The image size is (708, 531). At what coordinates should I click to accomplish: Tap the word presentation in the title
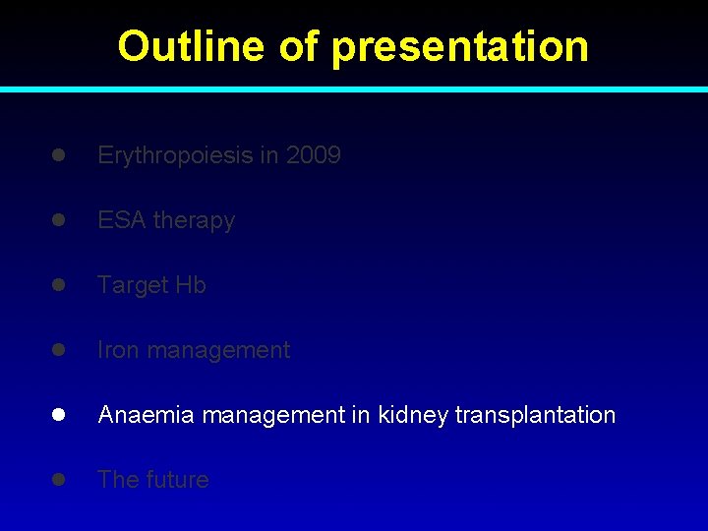(460, 47)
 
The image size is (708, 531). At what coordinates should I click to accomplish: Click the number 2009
(314, 155)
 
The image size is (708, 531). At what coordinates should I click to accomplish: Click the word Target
(133, 285)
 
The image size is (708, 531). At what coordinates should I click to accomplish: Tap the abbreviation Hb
(191, 285)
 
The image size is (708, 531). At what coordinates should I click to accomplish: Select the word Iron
(118, 350)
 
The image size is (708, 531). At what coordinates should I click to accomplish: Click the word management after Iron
(218, 350)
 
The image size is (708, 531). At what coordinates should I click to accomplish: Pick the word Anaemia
(147, 415)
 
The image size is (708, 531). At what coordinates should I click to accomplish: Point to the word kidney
(413, 415)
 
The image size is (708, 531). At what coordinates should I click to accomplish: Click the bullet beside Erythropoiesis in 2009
(59, 155)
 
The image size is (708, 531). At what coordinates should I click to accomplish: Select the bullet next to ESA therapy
(59, 220)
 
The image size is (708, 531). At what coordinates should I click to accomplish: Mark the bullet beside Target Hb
(59, 285)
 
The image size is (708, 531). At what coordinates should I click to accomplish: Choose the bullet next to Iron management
(59, 350)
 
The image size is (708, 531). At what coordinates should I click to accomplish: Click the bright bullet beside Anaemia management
(59, 415)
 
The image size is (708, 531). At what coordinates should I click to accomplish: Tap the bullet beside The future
(59, 480)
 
